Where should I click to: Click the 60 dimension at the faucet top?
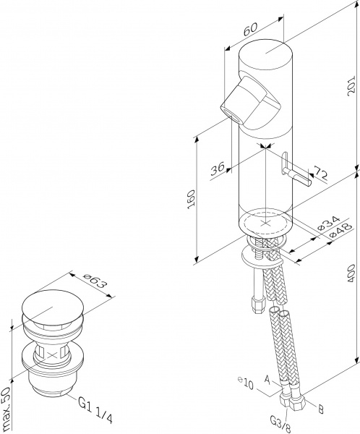point(250,29)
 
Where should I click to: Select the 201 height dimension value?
point(351,85)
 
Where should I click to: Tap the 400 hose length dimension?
point(351,273)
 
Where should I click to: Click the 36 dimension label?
point(217,169)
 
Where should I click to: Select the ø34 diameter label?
point(328,223)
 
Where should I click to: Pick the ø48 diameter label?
point(341,230)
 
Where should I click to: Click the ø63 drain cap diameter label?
point(95,281)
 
